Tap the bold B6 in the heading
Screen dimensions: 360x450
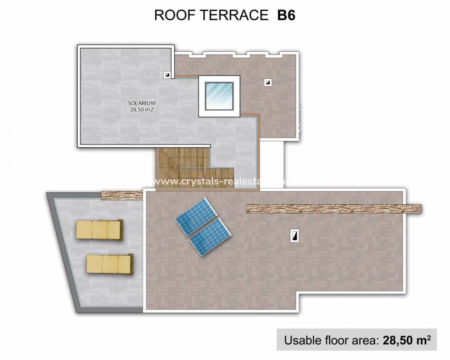tap(286, 15)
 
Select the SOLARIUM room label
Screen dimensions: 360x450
tap(141, 103)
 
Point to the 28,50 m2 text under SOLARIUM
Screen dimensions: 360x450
tap(141, 110)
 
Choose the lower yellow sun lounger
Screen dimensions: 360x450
tap(110, 263)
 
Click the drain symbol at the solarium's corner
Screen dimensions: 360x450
tap(167, 74)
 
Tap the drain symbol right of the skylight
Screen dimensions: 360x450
tap(268, 83)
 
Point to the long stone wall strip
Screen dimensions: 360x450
tap(334, 209)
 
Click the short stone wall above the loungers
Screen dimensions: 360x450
tap(122, 195)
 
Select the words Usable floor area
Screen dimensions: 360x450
tap(331, 340)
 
